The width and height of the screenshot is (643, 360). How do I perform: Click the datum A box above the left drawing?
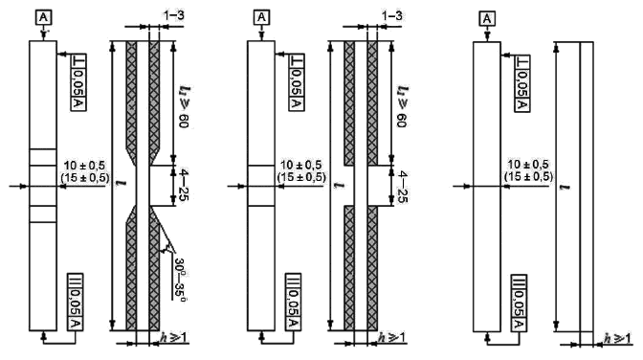click(44, 18)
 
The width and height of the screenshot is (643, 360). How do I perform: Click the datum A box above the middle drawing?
click(261, 18)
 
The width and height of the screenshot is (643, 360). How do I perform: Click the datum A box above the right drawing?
click(487, 19)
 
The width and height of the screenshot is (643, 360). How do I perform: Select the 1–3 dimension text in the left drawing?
click(174, 15)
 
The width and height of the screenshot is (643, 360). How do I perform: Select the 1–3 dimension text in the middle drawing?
click(391, 15)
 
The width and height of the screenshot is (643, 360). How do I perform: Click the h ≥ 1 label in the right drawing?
click(617, 338)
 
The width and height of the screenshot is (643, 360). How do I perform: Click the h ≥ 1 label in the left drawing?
click(174, 337)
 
